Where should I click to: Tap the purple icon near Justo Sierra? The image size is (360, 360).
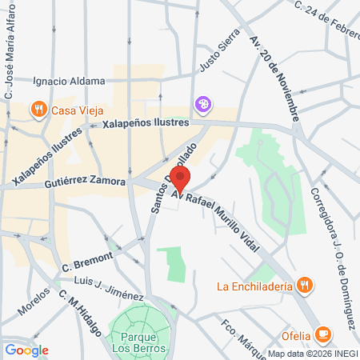(204, 103)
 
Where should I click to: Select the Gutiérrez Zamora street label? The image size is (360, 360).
(86, 182)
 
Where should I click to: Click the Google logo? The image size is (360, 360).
(26, 350)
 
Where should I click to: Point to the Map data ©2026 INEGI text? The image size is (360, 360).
(310, 354)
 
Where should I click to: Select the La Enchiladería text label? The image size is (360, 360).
(255, 286)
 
